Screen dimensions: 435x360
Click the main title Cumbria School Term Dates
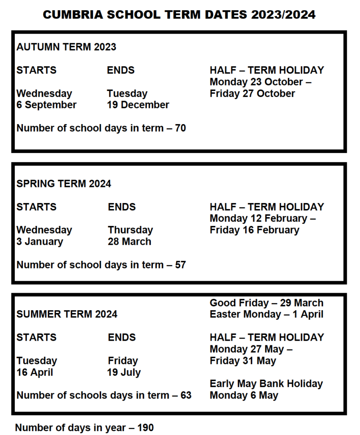pyautogui.click(x=179, y=14)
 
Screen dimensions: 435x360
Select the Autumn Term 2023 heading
pyautogui.click(x=66, y=47)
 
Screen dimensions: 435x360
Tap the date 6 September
pyautogui.click(x=47, y=105)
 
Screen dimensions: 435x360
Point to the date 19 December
pyautogui.click(x=138, y=105)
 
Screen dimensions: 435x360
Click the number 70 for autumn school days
pyautogui.click(x=180, y=128)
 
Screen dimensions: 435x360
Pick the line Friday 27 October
pyautogui.click(x=252, y=93)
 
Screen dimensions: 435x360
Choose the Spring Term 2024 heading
pyautogui.click(x=64, y=184)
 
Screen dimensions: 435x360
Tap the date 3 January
pyautogui.click(x=39, y=242)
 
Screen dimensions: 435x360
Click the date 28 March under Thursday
pyautogui.click(x=129, y=242)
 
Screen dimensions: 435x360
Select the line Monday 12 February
pyautogui.click(x=262, y=218)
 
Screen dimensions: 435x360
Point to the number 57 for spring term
pyautogui.click(x=180, y=265)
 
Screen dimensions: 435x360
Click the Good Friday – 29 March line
pyautogui.click(x=266, y=303)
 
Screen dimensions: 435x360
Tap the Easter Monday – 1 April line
pyautogui.click(x=266, y=314)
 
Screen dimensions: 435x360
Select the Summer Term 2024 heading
pyautogui.click(x=67, y=314)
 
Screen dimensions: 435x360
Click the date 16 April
pyautogui.click(x=35, y=373)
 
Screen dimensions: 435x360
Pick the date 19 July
pyautogui.click(x=124, y=373)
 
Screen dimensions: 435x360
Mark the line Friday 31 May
pyautogui.click(x=243, y=361)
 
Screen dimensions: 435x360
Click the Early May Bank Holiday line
pyautogui.click(x=266, y=384)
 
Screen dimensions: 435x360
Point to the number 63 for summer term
pyautogui.click(x=186, y=395)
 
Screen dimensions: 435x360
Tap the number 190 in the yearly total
pyautogui.click(x=145, y=427)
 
